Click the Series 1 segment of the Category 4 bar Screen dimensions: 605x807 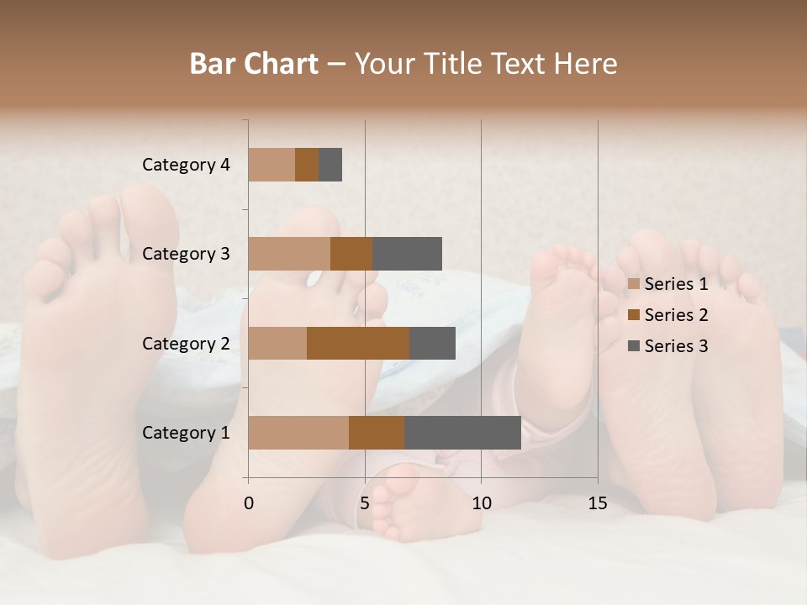click(272, 165)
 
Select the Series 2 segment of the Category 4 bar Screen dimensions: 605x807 click(307, 165)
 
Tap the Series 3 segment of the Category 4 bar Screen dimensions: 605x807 click(330, 165)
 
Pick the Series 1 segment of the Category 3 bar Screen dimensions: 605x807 click(289, 254)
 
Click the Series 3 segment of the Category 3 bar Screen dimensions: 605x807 click(407, 254)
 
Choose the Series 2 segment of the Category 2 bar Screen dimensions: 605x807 click(358, 343)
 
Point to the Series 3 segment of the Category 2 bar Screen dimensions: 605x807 click(432, 343)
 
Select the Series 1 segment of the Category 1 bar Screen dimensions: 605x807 click(298, 433)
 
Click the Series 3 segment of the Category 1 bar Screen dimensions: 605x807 click(462, 433)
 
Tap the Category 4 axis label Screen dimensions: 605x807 click(186, 165)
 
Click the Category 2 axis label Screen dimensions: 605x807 click(186, 343)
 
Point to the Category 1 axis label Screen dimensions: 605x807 click(186, 433)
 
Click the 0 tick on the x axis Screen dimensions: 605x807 click(249, 503)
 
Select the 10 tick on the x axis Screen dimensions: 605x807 click(481, 503)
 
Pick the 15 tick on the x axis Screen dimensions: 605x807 click(597, 503)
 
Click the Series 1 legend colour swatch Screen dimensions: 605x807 click(634, 284)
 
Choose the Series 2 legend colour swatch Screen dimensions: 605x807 click(634, 315)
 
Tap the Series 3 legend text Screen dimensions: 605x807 click(676, 346)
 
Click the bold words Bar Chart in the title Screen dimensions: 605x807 click(254, 64)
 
